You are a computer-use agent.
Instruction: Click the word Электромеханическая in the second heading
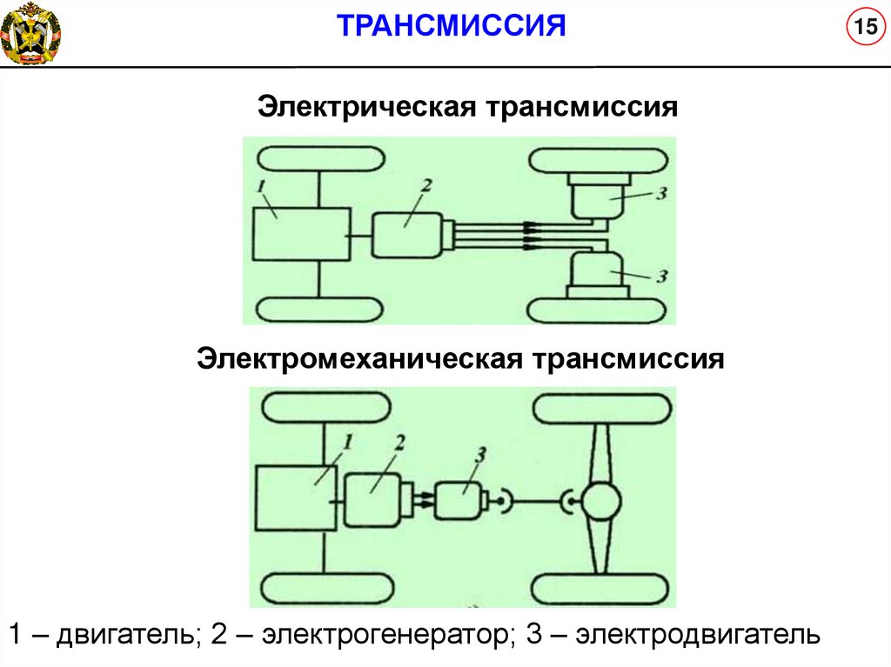[358, 358]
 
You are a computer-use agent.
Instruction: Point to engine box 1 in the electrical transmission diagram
[301, 235]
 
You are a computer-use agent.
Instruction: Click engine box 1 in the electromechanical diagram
[297, 498]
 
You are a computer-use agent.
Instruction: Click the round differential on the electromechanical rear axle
[601, 501]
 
